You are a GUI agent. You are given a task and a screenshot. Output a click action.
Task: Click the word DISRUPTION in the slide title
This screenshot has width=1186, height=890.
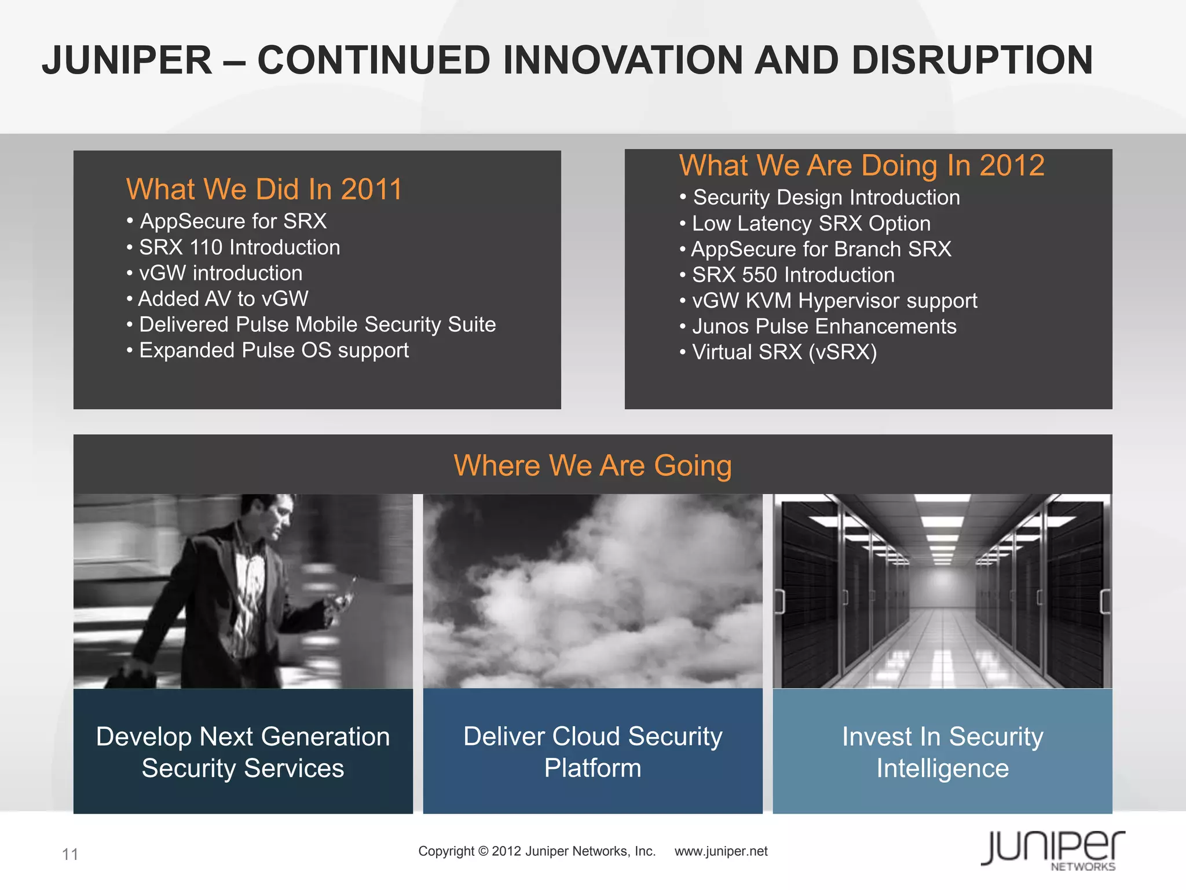(x=971, y=60)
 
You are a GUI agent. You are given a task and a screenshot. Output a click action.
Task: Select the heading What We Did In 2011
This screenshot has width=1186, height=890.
(x=263, y=189)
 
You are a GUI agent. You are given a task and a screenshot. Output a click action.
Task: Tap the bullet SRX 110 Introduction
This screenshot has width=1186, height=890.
(x=239, y=247)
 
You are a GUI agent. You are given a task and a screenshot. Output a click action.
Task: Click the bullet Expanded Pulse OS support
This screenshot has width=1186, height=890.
(x=273, y=351)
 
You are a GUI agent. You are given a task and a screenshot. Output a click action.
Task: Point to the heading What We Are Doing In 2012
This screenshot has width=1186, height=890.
(x=862, y=166)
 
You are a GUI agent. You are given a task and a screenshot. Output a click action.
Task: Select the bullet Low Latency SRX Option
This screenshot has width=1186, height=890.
(x=811, y=224)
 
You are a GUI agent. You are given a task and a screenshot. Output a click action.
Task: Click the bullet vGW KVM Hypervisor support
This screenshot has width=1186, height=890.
(x=834, y=301)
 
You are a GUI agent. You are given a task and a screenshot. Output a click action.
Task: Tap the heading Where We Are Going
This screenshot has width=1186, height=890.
(x=592, y=465)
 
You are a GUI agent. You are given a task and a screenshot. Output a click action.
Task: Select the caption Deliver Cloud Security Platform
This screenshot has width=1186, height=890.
(x=592, y=752)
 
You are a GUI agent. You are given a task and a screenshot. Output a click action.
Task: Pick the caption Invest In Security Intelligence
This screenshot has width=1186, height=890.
(x=942, y=752)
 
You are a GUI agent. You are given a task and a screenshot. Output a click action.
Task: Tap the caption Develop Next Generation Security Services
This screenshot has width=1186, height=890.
(x=243, y=752)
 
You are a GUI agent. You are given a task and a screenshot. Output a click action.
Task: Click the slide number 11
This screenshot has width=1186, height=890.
(x=70, y=854)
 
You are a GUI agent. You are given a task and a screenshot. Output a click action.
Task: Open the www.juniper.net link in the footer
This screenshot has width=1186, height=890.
(x=721, y=851)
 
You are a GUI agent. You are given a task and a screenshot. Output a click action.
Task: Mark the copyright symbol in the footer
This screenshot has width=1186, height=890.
(x=484, y=851)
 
